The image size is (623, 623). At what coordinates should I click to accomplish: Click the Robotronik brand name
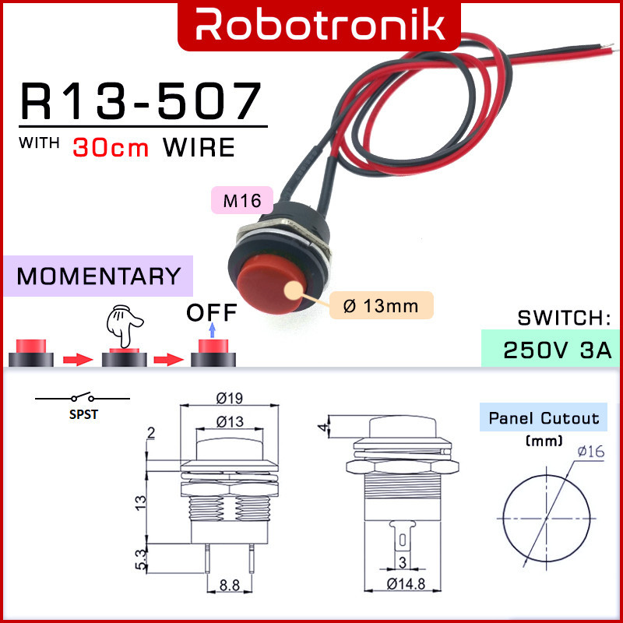pos(320,25)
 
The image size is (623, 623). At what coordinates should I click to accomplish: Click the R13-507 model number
pos(141,101)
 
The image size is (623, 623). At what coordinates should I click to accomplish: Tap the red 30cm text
pos(111,147)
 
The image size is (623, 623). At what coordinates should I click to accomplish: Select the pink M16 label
pos(242,201)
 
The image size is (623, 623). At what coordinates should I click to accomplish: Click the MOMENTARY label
pos(98,276)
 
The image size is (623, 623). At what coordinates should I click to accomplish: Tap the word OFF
pos(211,313)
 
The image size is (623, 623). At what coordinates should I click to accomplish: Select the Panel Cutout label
pos(544,418)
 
